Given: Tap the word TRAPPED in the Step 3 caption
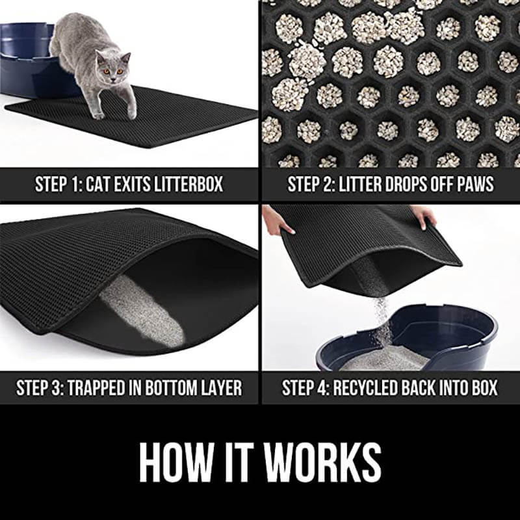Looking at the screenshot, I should pyautogui.click(x=101, y=388).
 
